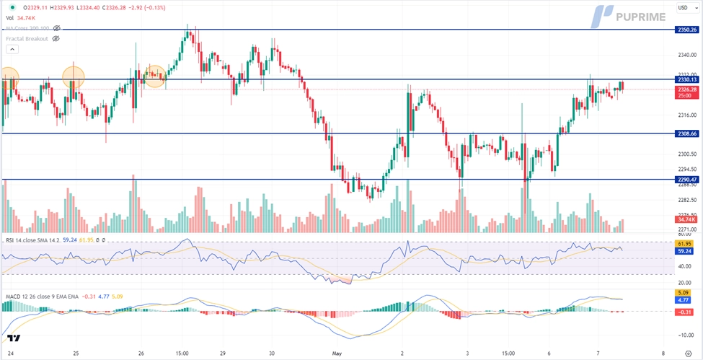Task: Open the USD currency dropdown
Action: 686,8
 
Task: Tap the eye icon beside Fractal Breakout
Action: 56,38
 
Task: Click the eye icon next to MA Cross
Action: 56,28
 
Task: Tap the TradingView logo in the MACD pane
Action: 14,338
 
